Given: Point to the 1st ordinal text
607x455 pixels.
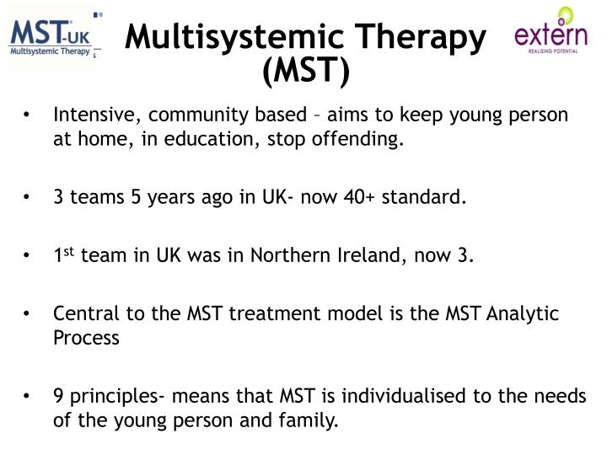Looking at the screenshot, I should pyautogui.click(x=63, y=255).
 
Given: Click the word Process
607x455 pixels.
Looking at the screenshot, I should pyautogui.click(x=85, y=338).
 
